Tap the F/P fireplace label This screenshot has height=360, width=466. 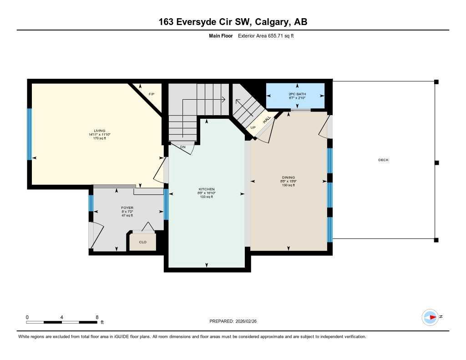[x=152, y=94]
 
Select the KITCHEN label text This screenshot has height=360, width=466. [x=206, y=189]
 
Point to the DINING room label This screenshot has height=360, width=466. [x=288, y=177]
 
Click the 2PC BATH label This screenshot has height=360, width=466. [x=297, y=94]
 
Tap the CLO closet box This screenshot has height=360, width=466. [x=142, y=242]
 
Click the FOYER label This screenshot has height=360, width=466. [x=127, y=208]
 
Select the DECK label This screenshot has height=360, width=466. [x=383, y=160]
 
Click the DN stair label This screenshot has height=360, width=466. [x=182, y=147]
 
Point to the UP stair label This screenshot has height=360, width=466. [x=253, y=127]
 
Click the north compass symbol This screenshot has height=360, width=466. [x=430, y=317]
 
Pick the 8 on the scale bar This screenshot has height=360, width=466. [x=97, y=317]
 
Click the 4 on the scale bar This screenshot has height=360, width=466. [x=61, y=317]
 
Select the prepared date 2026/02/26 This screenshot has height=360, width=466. [x=249, y=321]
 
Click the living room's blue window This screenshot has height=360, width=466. [x=30, y=134]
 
